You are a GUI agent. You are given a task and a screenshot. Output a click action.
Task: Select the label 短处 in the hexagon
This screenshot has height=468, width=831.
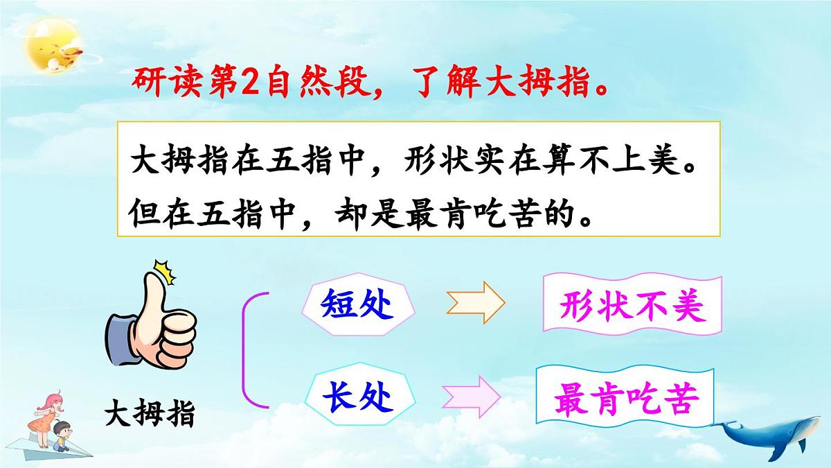pos(357,305)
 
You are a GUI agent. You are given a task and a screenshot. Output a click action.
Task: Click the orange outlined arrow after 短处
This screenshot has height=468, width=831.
pos(476,303)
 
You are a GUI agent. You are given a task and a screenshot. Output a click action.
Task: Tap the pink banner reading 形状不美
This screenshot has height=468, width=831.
pos(632,305)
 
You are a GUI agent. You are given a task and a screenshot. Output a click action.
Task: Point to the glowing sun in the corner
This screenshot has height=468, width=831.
pos(52,49)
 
